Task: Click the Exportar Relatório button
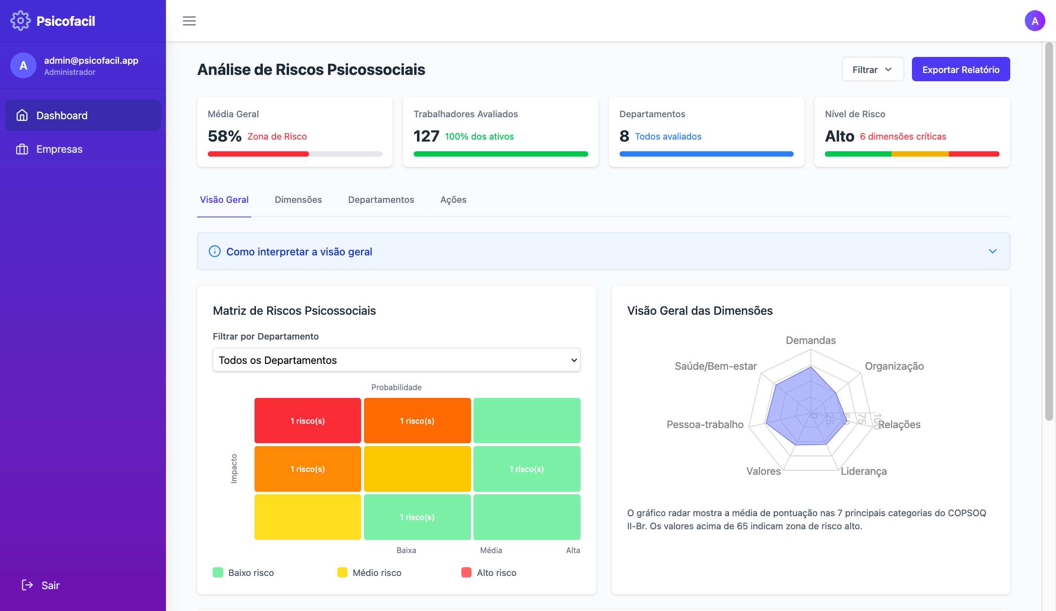click(x=961, y=70)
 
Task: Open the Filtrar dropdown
click(x=873, y=70)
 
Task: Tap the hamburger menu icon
click(x=189, y=21)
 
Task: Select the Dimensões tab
click(x=298, y=200)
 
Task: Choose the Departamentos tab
click(x=381, y=200)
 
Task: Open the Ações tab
click(x=453, y=200)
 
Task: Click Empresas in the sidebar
click(x=59, y=149)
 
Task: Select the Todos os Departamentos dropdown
click(x=396, y=360)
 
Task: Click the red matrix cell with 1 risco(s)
click(x=308, y=421)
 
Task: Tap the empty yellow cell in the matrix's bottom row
click(x=308, y=517)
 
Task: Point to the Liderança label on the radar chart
click(x=864, y=471)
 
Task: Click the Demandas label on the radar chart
click(x=811, y=341)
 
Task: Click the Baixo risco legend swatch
click(x=218, y=573)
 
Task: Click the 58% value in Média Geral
click(x=224, y=136)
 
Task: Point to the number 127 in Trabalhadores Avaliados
click(x=426, y=136)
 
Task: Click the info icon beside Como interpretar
click(x=215, y=252)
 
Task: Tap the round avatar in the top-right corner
click(x=1035, y=21)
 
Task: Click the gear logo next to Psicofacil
click(x=20, y=21)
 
